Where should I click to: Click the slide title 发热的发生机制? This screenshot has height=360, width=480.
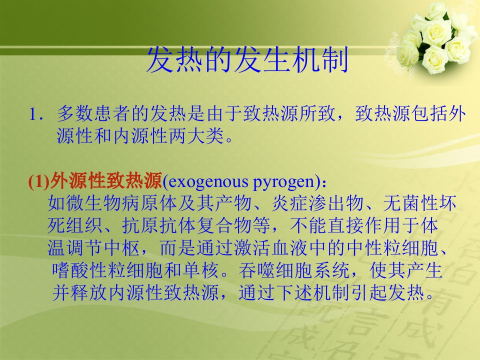(x=247, y=59)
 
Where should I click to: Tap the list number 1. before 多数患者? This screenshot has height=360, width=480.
(x=35, y=114)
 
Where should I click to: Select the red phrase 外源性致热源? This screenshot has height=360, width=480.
(x=106, y=181)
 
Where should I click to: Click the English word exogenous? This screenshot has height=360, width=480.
(x=208, y=182)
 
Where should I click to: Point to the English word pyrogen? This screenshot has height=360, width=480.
(x=283, y=183)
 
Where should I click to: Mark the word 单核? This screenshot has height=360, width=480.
(x=201, y=270)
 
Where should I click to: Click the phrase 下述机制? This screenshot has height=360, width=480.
(x=313, y=292)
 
